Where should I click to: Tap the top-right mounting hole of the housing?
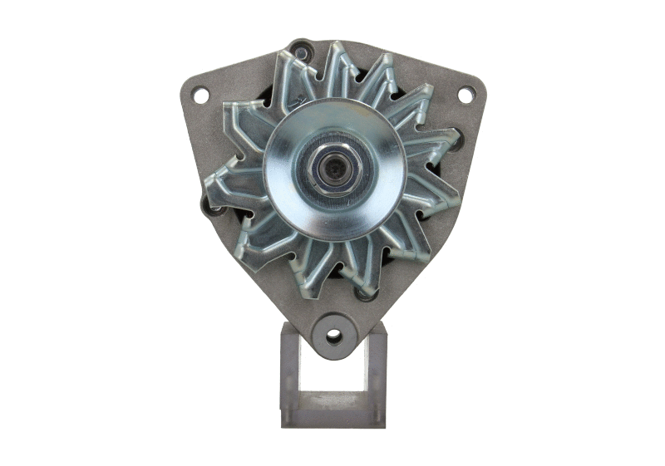(x=465, y=95)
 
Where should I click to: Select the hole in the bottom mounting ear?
(x=333, y=336)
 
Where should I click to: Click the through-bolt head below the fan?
(x=364, y=292)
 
